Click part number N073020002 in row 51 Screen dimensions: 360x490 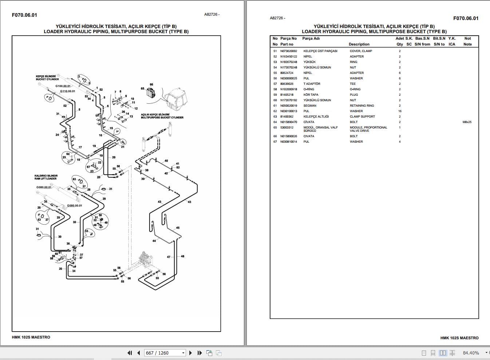(x=288, y=51)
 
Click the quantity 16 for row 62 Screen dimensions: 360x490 (x=399, y=111)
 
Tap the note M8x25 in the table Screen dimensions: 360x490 (x=467, y=122)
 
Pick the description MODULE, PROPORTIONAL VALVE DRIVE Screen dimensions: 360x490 (x=368, y=129)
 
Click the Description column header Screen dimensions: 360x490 (x=359, y=44)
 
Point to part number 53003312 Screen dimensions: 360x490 (x=287, y=127)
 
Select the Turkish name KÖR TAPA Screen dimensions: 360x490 (x=311, y=95)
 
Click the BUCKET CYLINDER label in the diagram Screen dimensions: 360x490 (x=47, y=79)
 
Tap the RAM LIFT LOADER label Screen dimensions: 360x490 (x=46, y=178)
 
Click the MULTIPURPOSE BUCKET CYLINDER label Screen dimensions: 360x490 (x=162, y=118)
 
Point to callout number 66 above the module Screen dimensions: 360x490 (x=151, y=84)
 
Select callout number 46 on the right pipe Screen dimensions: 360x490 (x=182, y=256)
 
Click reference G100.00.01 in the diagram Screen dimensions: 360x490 (x=63, y=86)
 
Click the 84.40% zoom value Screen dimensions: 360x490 (x=471, y=353)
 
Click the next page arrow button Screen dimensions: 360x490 (x=190, y=353)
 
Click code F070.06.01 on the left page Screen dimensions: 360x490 (x=24, y=15)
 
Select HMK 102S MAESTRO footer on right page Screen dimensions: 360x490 (x=459, y=338)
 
